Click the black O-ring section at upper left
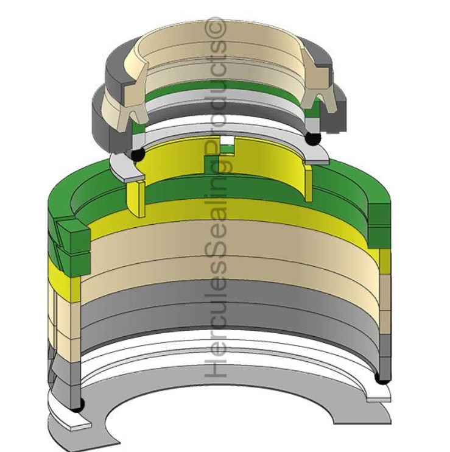(138, 155)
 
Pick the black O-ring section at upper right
(313, 139)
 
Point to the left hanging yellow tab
(135, 198)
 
